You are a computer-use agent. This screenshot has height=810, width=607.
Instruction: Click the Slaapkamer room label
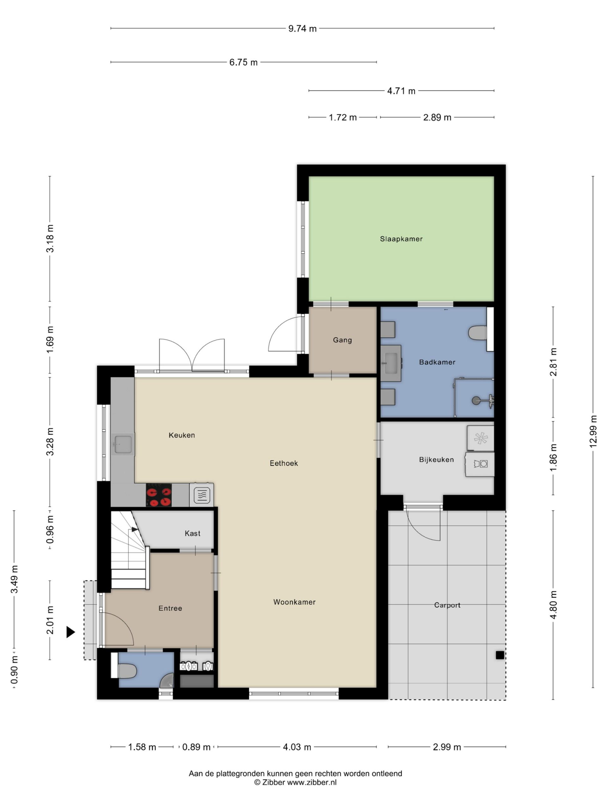pos(401,239)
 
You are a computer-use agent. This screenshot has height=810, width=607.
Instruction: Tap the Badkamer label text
pos(437,362)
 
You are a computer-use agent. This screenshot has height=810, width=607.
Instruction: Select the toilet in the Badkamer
pos(477,333)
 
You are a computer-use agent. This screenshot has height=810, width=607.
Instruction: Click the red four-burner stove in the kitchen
pos(158,495)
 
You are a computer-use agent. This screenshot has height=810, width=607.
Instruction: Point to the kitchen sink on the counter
pos(123,444)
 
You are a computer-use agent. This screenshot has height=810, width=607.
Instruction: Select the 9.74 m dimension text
pos(302,28)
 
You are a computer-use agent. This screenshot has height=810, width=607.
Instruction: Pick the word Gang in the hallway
pos(342,340)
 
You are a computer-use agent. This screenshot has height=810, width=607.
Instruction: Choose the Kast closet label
pos(193,533)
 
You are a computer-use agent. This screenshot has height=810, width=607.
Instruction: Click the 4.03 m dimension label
pos(297,747)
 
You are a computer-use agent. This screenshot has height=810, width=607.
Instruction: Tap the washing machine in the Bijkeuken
pos(480,464)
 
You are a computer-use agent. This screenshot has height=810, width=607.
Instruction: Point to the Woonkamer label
pos(294,602)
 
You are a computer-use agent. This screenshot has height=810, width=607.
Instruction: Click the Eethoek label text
pos(284,463)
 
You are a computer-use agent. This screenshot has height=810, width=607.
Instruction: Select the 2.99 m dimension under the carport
pos(447,747)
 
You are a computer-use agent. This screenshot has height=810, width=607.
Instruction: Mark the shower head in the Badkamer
pos(476,400)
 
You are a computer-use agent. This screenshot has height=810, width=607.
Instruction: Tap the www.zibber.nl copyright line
pos(295,782)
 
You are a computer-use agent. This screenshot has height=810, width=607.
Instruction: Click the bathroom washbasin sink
pos(391,363)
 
